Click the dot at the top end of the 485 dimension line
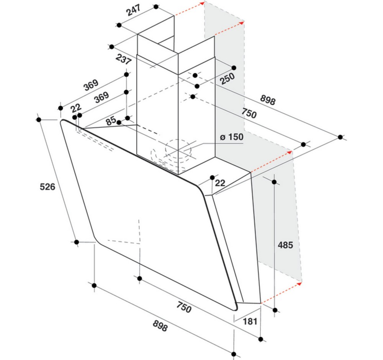point(274,182)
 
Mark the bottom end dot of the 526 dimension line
point(77,242)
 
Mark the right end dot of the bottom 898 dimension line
point(234,354)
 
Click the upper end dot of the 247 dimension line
point(156,7)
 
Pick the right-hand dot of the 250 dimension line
point(234,68)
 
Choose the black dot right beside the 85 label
point(119,122)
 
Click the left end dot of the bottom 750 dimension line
point(140,278)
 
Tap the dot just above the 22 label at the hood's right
point(212,178)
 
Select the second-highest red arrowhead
point(244,23)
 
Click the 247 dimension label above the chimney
point(134,10)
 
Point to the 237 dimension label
point(124,59)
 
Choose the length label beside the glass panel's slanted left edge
point(47,187)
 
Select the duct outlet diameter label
point(232,137)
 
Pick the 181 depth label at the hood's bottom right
point(250,321)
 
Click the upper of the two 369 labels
point(91,85)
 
